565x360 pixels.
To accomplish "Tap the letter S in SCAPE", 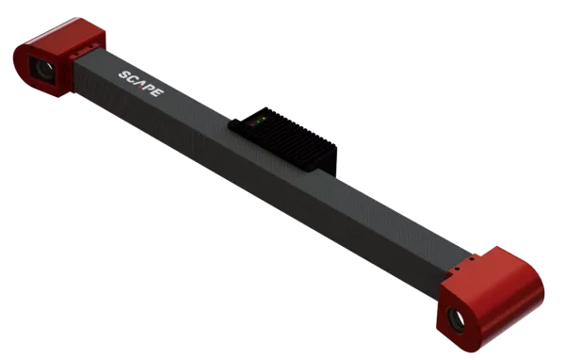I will [x=124, y=74].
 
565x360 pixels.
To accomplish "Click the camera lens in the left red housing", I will [x=40, y=67].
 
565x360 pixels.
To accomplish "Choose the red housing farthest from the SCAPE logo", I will [x=490, y=292].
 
